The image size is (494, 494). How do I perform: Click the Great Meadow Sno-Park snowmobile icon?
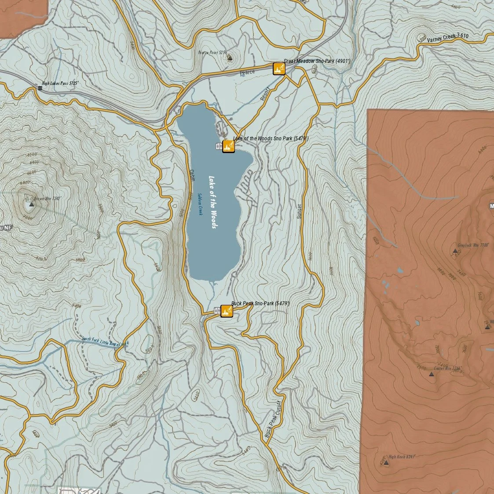click(279, 69)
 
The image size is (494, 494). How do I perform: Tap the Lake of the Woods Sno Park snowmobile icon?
click(228, 146)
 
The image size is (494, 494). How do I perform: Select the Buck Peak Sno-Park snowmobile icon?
click(227, 311)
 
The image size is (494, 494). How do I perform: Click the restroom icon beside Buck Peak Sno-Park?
click(216, 311)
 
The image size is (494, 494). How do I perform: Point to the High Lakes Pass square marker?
click(40, 88)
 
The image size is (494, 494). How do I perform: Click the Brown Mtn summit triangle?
click(31, 205)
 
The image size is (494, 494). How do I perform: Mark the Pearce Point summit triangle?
click(229, 57)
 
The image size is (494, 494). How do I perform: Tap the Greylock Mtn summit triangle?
click(455, 251)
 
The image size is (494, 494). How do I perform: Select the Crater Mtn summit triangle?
click(431, 374)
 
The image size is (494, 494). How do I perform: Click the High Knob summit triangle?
click(386, 463)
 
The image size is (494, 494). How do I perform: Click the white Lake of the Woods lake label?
click(213, 202)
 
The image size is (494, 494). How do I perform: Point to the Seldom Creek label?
click(200, 204)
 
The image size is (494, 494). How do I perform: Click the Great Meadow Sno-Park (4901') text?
click(317, 61)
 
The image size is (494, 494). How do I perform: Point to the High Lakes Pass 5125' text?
click(60, 83)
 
